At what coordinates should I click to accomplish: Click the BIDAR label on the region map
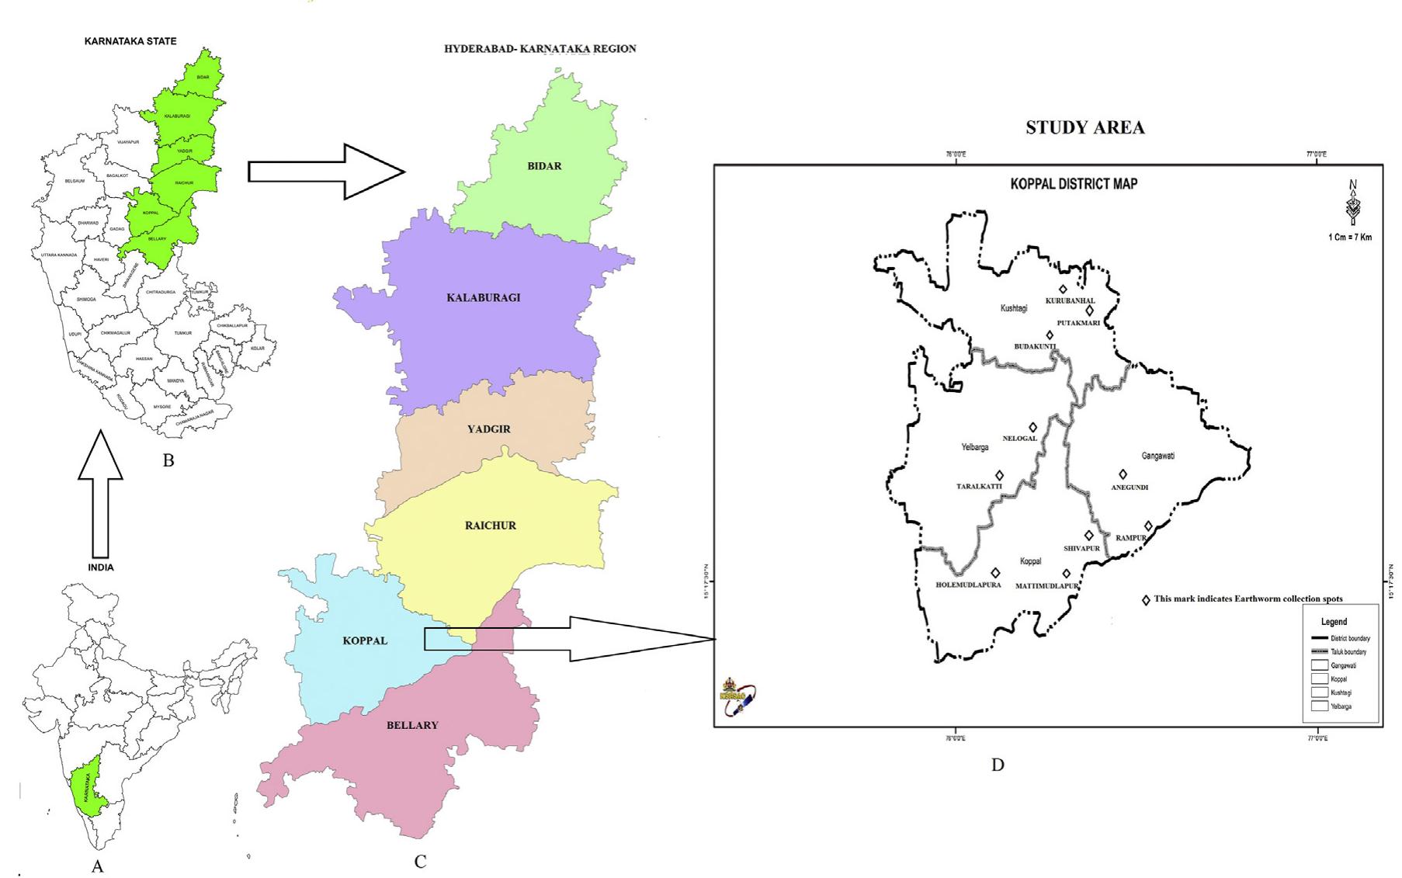coord(544,166)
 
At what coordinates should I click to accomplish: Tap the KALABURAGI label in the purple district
coord(484,298)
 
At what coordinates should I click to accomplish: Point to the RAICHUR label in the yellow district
coord(491,526)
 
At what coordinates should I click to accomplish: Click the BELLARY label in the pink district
coord(412,725)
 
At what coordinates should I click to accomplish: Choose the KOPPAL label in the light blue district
coord(365,641)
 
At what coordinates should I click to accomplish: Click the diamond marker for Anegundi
coord(1123,474)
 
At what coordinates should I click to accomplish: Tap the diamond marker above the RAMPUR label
coord(1148,526)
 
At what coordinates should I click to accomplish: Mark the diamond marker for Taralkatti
coord(1000,475)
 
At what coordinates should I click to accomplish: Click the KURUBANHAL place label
coord(1070,300)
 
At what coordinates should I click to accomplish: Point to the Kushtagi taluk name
coord(1014,308)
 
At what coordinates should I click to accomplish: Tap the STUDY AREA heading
coord(1084,128)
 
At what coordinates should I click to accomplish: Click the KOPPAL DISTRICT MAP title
coord(1074,185)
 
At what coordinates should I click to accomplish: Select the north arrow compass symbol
coord(1354,204)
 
